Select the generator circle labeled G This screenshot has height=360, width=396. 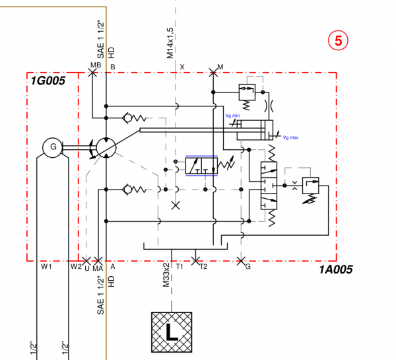50,147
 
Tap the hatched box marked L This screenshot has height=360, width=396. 171,331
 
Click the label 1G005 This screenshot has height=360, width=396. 48,81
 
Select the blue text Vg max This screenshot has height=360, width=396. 290,137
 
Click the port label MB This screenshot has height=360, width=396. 95,65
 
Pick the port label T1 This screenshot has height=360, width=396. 179,266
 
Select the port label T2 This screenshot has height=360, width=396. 203,266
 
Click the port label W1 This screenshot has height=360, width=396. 46,267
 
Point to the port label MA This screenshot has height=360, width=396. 98,267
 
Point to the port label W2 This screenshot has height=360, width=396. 75,267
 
